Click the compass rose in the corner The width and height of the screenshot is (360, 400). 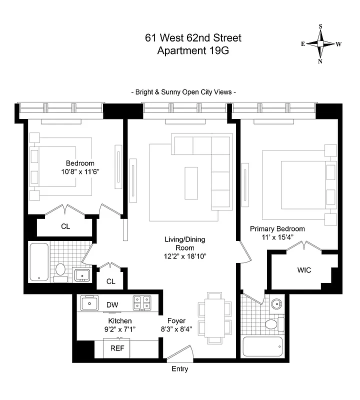(x=320, y=44)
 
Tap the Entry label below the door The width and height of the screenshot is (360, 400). (x=179, y=369)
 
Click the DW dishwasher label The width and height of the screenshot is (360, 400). (x=112, y=304)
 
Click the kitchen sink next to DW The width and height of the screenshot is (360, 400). (x=89, y=303)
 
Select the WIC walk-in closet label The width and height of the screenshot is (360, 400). (x=304, y=270)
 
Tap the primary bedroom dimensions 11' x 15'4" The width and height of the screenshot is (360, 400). (x=277, y=238)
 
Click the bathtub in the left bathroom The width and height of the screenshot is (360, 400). (x=38, y=261)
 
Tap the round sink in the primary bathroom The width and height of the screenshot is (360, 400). (x=275, y=303)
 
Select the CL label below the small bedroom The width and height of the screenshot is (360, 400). (x=65, y=226)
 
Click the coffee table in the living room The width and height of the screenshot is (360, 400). (x=191, y=183)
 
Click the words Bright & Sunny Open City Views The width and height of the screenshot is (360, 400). (x=183, y=92)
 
